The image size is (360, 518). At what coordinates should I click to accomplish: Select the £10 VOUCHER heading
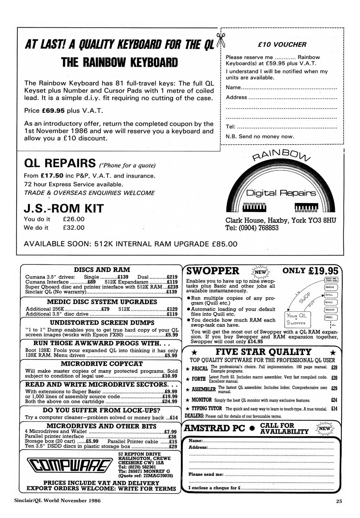tap(282, 45)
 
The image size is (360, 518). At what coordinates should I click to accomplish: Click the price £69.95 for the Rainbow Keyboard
tap(53, 111)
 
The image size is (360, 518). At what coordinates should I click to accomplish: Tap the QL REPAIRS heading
tap(60, 163)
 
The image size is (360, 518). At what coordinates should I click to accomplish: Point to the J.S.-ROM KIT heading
tap(64, 209)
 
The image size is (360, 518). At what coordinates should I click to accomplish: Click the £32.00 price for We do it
tap(74, 228)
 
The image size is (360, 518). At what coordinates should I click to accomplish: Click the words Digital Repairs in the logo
tap(281, 193)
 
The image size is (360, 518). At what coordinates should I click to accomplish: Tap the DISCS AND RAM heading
tap(102, 270)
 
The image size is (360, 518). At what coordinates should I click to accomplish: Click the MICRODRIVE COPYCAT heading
tap(102, 364)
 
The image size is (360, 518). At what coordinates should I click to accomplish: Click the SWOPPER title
tap(213, 271)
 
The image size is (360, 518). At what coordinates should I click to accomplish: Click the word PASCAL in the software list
tap(200, 369)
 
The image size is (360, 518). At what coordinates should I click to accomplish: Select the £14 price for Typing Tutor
tap(334, 409)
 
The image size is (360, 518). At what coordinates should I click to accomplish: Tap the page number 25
tap(339, 502)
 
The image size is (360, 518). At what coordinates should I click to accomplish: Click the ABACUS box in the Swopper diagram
tap(330, 287)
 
